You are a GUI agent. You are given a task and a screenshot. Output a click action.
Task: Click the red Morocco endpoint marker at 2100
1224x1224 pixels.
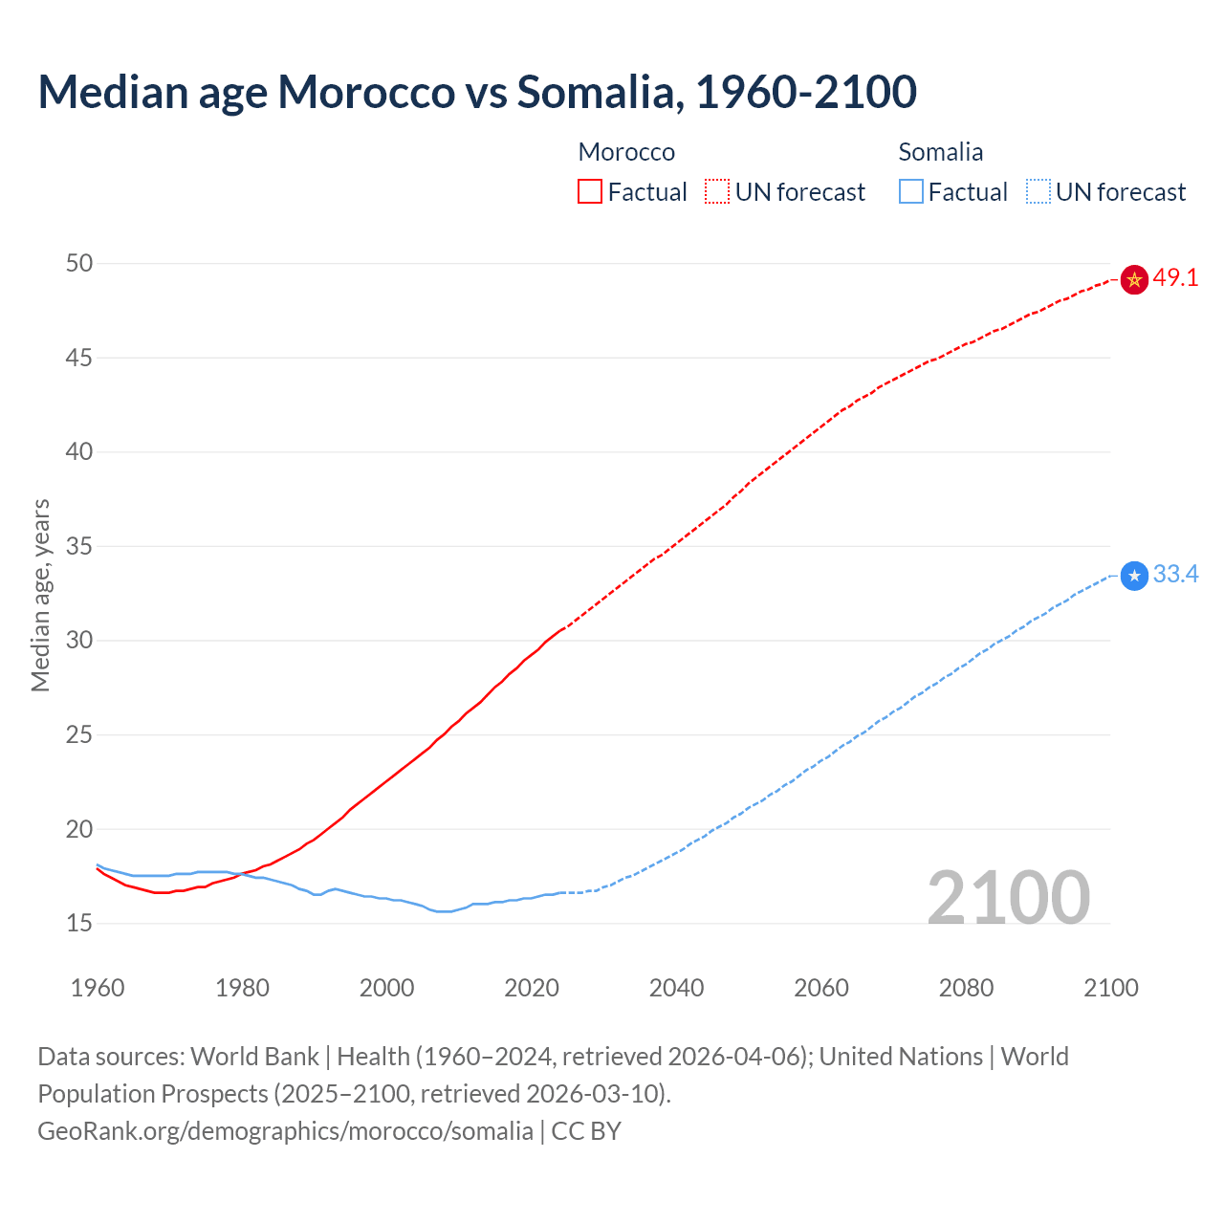coord(1134,279)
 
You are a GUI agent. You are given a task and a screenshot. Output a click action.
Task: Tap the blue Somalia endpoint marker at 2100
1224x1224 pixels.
coord(1134,576)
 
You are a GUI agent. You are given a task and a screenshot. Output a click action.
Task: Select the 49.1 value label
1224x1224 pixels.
coord(1175,278)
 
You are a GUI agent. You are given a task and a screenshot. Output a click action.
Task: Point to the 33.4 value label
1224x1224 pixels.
coord(1175,575)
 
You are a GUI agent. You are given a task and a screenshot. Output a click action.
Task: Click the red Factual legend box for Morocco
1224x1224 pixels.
coord(590,192)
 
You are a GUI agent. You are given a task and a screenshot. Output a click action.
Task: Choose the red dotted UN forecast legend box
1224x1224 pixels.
coord(717,192)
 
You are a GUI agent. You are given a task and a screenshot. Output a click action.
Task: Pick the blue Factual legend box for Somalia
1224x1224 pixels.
coord(911,192)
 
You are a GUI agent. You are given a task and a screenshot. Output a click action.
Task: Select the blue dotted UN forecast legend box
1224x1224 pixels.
coord(1038,192)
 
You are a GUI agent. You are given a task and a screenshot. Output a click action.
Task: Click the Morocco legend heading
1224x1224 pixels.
coord(626,152)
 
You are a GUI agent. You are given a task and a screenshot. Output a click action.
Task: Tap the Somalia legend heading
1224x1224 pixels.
coord(940,152)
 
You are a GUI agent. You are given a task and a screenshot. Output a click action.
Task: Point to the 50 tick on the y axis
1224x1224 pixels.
coord(79,263)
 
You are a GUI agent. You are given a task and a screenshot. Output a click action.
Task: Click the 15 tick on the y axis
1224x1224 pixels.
coord(79,924)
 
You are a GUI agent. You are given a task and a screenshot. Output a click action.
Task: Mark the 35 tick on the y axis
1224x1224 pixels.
coord(79,546)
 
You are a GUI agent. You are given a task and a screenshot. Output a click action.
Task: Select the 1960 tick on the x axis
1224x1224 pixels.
coord(98,988)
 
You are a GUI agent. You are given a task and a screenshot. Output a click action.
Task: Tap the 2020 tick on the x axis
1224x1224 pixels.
coord(532,988)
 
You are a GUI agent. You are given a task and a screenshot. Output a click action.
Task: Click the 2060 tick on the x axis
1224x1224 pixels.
coord(821,988)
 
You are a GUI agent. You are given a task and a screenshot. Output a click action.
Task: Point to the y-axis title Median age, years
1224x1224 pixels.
coord(40,595)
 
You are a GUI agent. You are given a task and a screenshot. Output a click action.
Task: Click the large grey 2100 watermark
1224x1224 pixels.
coord(1009,898)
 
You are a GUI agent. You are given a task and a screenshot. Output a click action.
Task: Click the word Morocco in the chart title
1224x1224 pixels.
coord(366,92)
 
